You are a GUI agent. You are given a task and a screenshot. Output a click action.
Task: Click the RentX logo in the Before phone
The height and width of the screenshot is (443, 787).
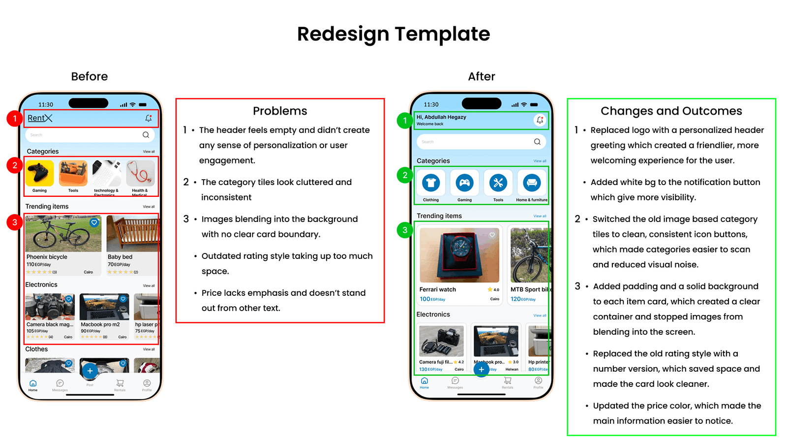click(x=40, y=118)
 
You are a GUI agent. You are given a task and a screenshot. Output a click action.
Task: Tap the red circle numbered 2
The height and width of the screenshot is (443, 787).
click(x=15, y=165)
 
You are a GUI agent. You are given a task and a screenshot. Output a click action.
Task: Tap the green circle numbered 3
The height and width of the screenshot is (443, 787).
click(x=405, y=230)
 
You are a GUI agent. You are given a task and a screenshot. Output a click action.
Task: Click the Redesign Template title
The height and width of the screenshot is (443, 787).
click(x=393, y=34)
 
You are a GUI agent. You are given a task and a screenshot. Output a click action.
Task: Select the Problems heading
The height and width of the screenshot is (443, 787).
click(x=280, y=111)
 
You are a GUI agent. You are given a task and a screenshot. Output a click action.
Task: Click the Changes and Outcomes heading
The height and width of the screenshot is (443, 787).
click(x=671, y=111)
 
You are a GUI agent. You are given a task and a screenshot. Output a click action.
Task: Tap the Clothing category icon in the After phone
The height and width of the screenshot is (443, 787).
click(x=431, y=183)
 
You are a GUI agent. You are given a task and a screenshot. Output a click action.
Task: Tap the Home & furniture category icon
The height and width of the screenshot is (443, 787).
click(x=532, y=183)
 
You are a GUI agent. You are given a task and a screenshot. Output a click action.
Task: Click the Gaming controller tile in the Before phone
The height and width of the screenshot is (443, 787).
click(x=40, y=173)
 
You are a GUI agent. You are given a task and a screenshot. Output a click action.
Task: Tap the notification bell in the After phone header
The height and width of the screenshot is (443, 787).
click(x=540, y=120)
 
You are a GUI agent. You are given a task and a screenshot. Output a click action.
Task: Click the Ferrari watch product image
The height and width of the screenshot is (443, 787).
click(x=459, y=255)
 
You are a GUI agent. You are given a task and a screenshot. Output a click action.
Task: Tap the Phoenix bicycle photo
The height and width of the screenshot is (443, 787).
click(x=63, y=234)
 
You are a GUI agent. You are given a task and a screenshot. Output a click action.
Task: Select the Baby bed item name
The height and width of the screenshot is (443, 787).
click(x=120, y=257)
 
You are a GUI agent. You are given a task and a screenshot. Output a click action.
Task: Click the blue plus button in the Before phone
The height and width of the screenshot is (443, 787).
click(x=90, y=371)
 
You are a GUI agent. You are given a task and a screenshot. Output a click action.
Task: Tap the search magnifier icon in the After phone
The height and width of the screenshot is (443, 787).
click(x=537, y=142)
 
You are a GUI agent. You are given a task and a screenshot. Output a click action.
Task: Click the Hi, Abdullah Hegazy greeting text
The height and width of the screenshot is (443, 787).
click(x=441, y=117)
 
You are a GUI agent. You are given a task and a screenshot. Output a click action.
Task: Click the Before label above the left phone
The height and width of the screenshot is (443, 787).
click(x=89, y=77)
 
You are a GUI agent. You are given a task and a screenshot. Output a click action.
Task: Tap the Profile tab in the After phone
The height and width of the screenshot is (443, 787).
click(x=539, y=382)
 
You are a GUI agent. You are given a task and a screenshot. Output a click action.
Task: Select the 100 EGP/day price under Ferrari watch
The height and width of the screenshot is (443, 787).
click(x=432, y=299)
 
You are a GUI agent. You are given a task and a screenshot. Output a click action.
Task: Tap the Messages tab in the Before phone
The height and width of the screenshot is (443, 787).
click(x=60, y=385)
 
